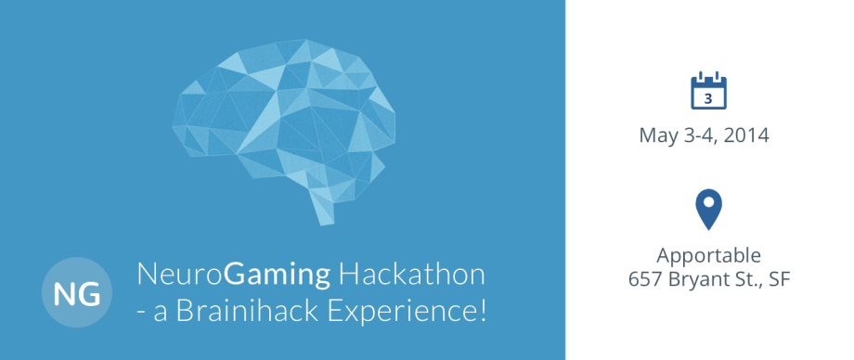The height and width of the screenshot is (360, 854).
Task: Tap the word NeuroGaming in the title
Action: (233, 276)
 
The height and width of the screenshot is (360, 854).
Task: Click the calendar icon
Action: (708, 92)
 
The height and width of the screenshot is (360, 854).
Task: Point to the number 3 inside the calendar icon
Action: (708, 97)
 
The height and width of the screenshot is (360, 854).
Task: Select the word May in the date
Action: (657, 135)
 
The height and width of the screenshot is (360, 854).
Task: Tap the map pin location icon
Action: (708, 210)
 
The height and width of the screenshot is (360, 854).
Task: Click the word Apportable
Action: (709, 255)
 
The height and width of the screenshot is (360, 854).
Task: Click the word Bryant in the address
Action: (696, 278)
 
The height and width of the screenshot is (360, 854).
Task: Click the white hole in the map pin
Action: (708, 202)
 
